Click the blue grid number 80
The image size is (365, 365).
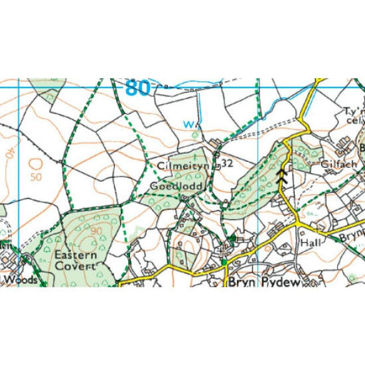click(137, 88)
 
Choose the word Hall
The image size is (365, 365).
click(311, 243)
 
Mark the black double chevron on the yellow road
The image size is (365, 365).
click(282, 175)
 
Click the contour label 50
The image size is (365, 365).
click(35, 178)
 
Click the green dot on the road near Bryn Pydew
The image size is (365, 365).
click(225, 263)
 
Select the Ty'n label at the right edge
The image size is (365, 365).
click(354, 111)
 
